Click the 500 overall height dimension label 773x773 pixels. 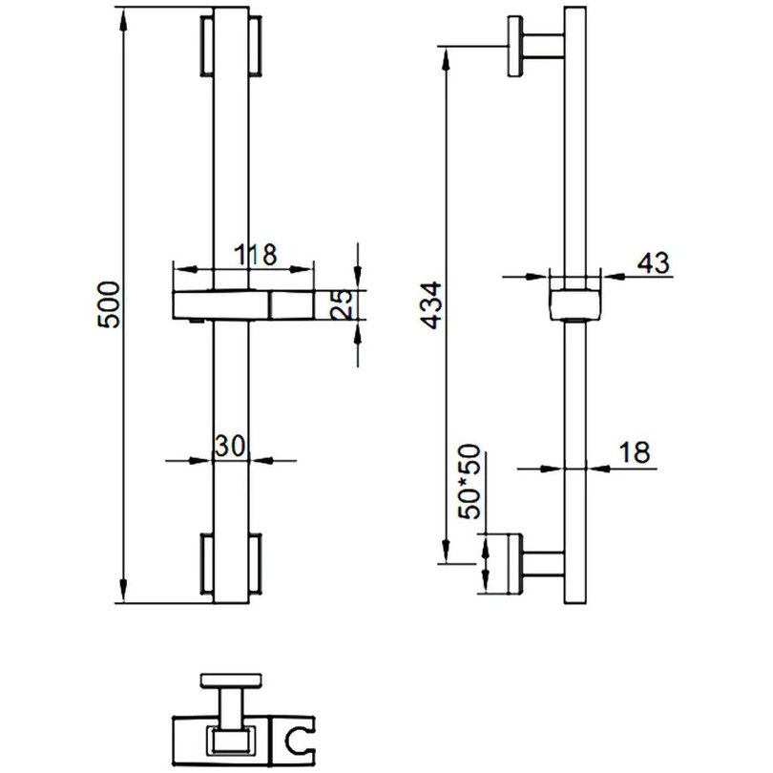109,304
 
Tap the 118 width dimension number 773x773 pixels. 256,255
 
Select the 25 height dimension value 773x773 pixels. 343,304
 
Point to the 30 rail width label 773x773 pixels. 230,447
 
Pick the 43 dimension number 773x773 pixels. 654,262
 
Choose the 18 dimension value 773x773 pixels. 635,451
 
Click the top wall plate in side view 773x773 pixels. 515,47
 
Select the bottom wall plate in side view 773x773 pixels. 514,563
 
